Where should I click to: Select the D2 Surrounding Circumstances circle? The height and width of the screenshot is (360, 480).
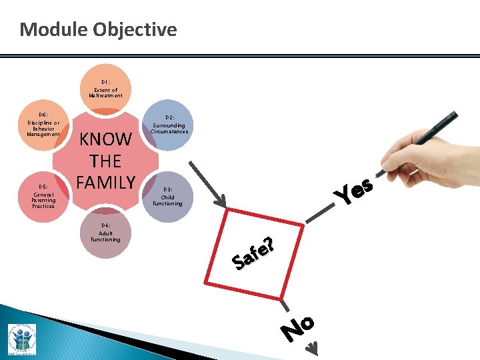point(169,125)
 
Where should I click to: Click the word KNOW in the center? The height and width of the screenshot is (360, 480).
point(106,139)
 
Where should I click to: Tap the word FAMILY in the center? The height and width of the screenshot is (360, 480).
point(106,181)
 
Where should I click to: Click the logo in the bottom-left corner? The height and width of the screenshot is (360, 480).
point(22,339)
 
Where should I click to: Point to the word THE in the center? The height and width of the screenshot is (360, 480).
point(106,161)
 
